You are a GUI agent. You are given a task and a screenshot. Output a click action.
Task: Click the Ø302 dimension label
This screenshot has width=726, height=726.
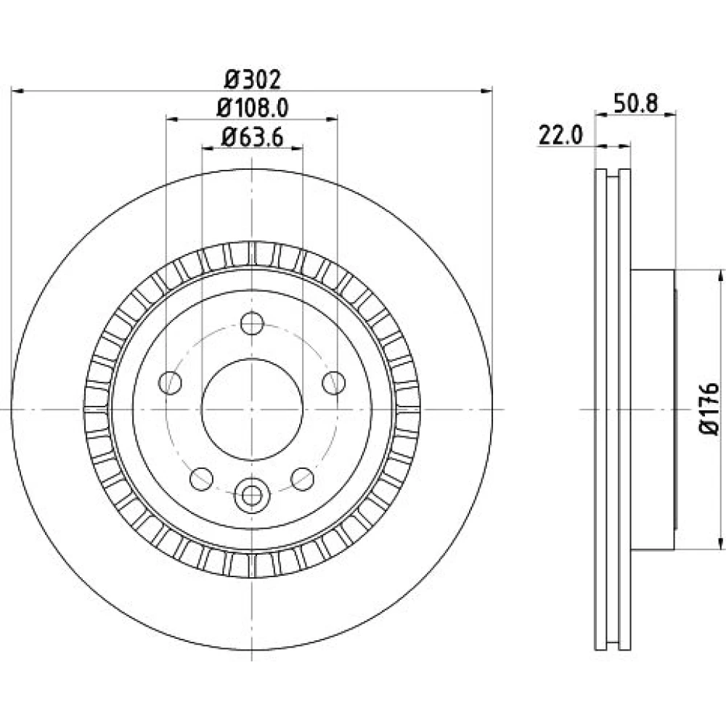[253, 80]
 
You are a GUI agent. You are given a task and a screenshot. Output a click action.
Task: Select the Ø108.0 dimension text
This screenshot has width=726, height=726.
[253, 108]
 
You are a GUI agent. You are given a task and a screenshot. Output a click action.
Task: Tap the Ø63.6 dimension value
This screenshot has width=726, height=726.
[253, 137]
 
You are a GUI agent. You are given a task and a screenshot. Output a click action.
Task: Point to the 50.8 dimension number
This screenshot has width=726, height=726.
[635, 103]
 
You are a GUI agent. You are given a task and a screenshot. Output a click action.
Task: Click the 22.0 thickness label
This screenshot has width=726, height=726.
[560, 136]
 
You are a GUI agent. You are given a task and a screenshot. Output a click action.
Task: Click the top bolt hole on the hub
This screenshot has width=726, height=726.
[253, 323]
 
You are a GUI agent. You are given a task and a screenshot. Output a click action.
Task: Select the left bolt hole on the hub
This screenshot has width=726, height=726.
[170, 383]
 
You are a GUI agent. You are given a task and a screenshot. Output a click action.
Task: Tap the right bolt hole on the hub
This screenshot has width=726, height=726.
[334, 383]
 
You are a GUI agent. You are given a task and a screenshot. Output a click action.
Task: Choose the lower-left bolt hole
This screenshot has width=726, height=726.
[201, 479]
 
